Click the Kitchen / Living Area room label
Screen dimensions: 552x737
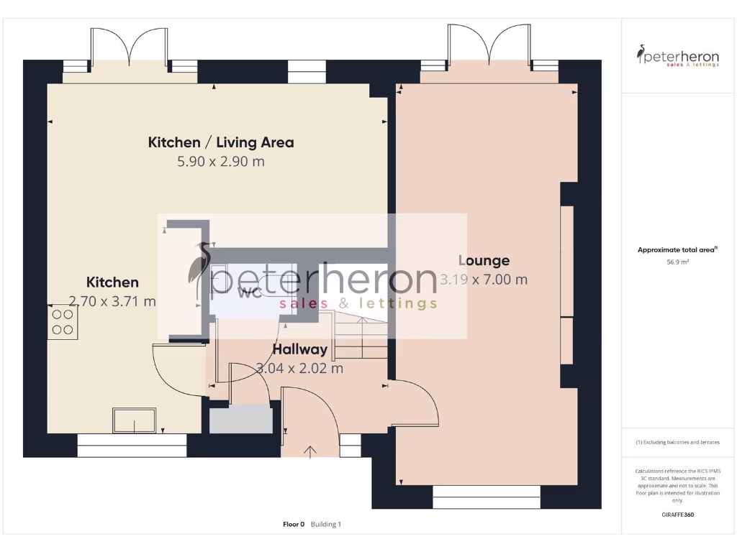pyautogui.click(x=221, y=142)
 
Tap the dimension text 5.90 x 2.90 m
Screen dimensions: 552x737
pyautogui.click(x=221, y=162)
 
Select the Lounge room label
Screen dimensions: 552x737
pyautogui.click(x=484, y=261)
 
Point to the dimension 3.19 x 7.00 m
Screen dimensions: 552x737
pyautogui.click(x=484, y=280)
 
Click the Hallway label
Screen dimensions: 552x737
pyautogui.click(x=299, y=350)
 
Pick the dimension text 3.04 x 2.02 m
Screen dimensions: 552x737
pyautogui.click(x=299, y=369)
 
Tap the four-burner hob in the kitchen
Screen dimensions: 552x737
pyautogui.click(x=63, y=321)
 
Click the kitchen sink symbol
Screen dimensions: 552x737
pyautogui.click(x=134, y=420)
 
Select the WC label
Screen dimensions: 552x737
pyautogui.click(x=249, y=292)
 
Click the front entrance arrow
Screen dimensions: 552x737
pyautogui.click(x=311, y=451)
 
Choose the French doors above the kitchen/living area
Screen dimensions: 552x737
pyautogui.click(x=130, y=47)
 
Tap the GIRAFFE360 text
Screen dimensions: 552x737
pyautogui.click(x=677, y=515)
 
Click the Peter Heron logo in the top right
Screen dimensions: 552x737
pyautogui.click(x=677, y=56)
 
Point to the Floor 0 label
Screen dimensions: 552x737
pyautogui.click(x=294, y=525)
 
